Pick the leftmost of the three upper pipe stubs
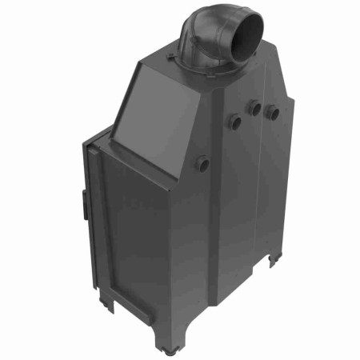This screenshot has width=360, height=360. [x=235, y=122]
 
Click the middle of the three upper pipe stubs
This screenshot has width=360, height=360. [x=255, y=108]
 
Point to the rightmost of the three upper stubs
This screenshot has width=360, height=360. [x=273, y=112]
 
